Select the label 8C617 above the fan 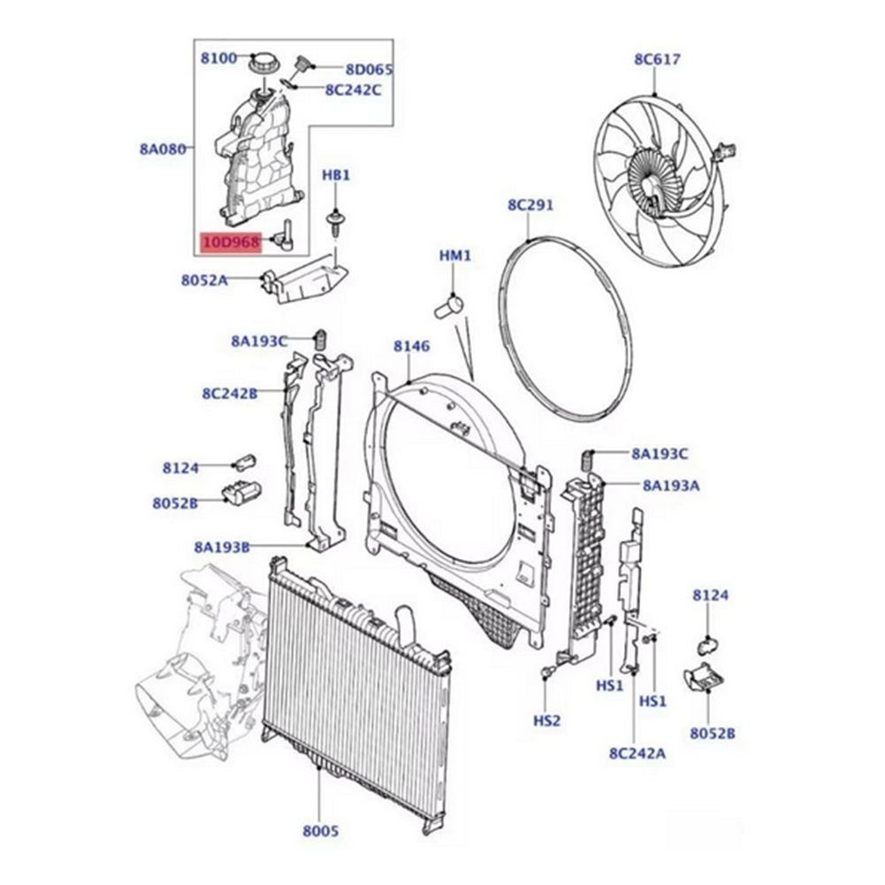pyautogui.click(x=656, y=60)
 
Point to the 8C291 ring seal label pyautogui.click(x=530, y=206)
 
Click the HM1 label pyautogui.click(x=455, y=256)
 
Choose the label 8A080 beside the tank pyautogui.click(x=162, y=149)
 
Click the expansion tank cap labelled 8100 pyautogui.click(x=264, y=65)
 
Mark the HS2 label pyautogui.click(x=547, y=721)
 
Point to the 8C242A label pyautogui.click(x=636, y=753)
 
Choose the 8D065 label pyautogui.click(x=369, y=69)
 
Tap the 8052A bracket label pyautogui.click(x=204, y=280)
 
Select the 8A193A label pyautogui.click(x=671, y=484)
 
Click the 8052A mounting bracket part pyautogui.click(x=305, y=278)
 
